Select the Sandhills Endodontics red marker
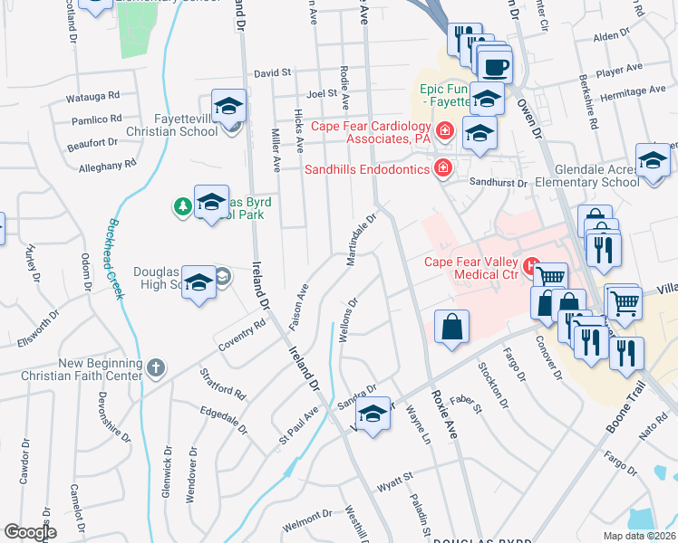(442, 167)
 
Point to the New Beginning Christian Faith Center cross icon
(156, 368)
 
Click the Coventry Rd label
(242, 335)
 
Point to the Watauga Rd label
(93, 95)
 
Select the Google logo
(30, 532)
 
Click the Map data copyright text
(640, 536)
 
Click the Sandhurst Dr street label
(498, 183)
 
